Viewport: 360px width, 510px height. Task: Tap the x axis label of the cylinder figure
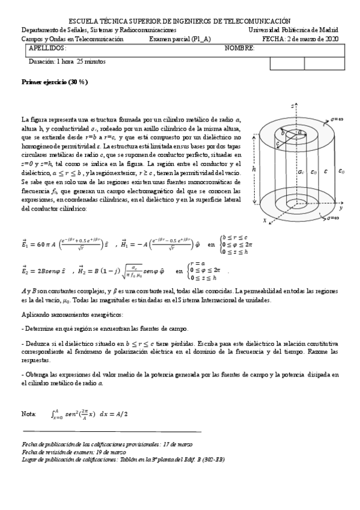tap(265, 221)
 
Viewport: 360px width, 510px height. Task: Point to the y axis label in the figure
tap(341, 207)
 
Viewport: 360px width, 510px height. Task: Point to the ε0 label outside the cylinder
tap(341, 171)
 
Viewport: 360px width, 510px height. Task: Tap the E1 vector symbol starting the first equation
tap(25, 245)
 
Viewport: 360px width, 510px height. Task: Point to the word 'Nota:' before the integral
tap(28, 414)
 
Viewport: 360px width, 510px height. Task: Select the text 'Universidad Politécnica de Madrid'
tap(293, 29)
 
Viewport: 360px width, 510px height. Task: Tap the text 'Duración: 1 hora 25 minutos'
tap(67, 61)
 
